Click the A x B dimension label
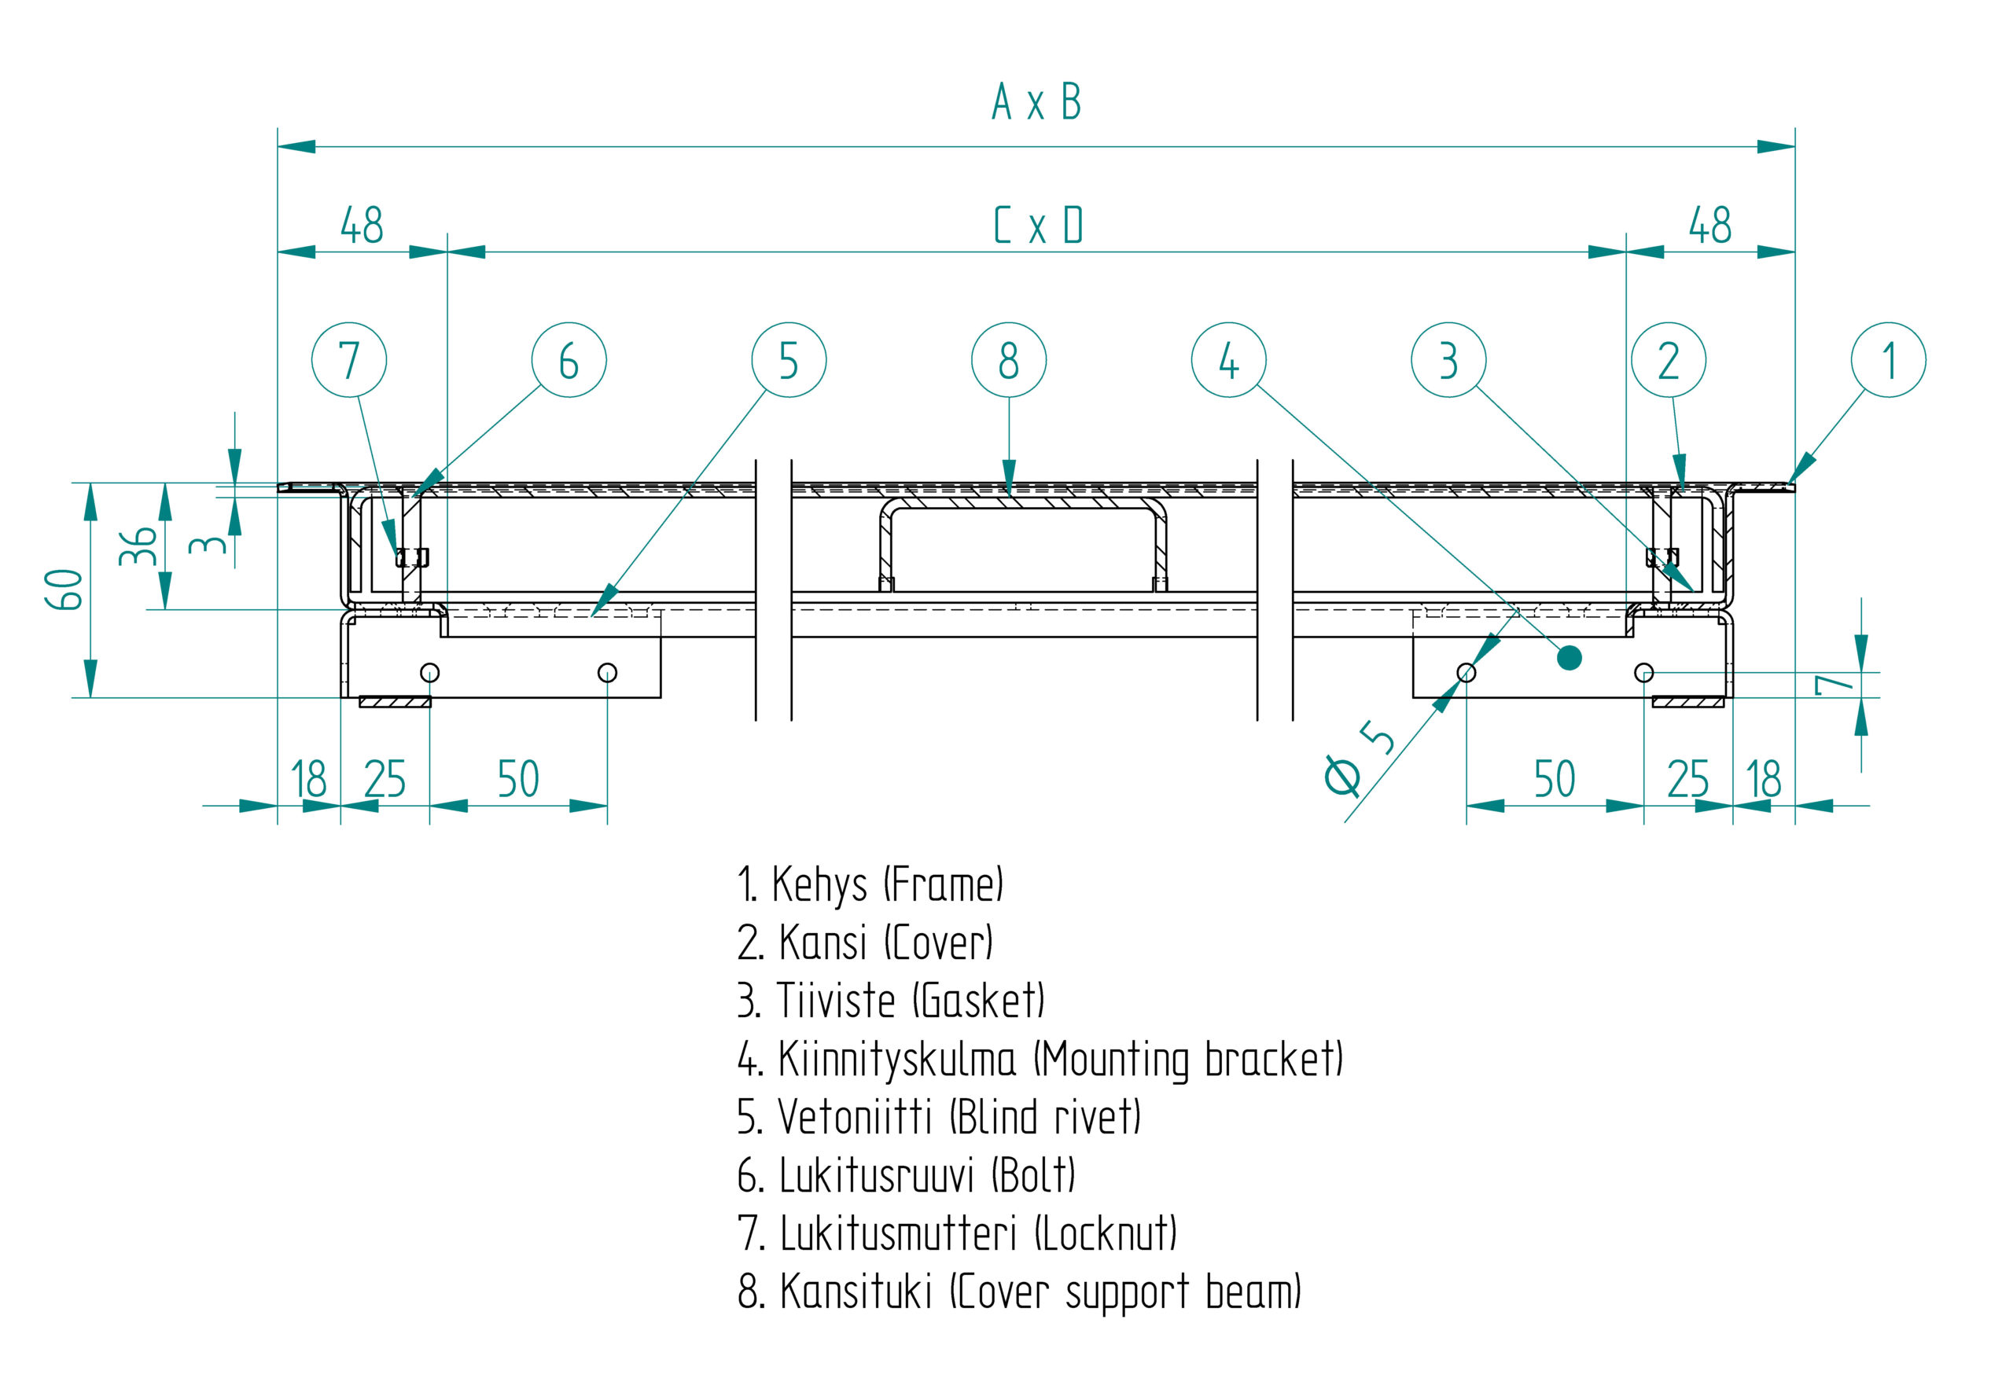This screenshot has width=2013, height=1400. [1037, 101]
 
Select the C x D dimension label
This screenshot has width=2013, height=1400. [1039, 226]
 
